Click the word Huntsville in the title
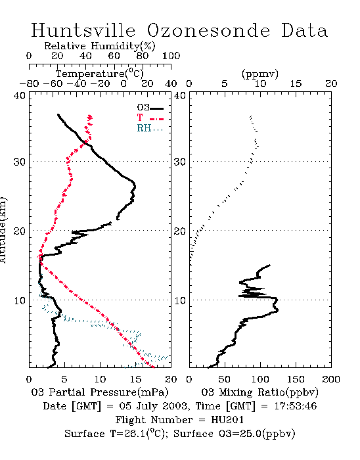pos(83,30)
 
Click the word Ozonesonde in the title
pos(208,30)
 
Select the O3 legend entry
pos(150,108)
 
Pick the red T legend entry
pos(150,118)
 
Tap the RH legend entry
pos(150,128)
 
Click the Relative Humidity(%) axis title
pos(100,46)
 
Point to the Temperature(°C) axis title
pos(100,74)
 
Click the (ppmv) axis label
pos(260,74)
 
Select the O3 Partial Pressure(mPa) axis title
pos(100,392)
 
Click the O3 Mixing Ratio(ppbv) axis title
pos(259,392)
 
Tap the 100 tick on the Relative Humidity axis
pos(171,56)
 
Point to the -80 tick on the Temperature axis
pos(29,84)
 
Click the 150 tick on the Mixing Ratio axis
pos(296,379)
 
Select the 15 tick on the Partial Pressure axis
pos(135,379)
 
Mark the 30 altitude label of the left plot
pos(19,162)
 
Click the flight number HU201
pos(227,420)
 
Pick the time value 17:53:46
pos(296,406)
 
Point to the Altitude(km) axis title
pos(3,230)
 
